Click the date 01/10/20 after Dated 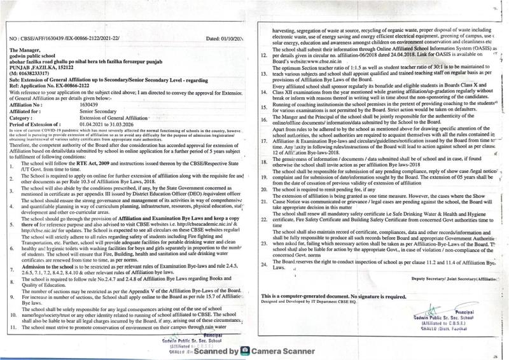[228, 39]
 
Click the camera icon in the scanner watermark [246, 350]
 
